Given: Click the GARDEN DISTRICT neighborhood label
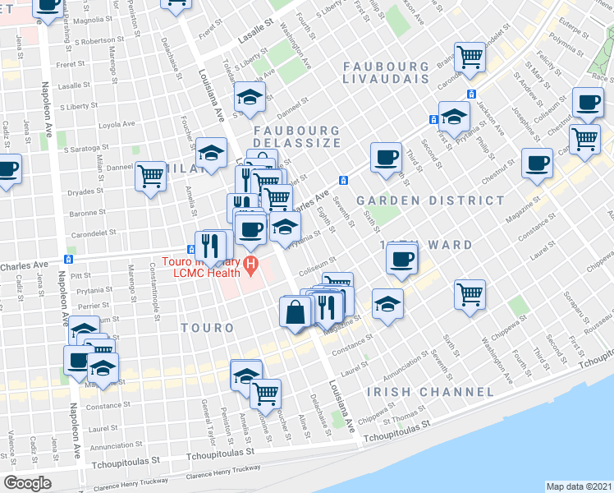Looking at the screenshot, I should pos(430,200).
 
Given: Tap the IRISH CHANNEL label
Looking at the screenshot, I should pos(421,392).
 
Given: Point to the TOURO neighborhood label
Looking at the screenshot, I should pos(207,327).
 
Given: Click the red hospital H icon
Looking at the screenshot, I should pos(251,265).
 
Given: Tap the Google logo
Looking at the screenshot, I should pos(27,482).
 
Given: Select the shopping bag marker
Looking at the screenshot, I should pos(295,312).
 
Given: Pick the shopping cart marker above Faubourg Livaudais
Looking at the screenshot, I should pos(470,58).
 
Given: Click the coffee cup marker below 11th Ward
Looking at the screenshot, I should pos(401,260).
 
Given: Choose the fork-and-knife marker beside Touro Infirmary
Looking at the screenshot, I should pos(209,246).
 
